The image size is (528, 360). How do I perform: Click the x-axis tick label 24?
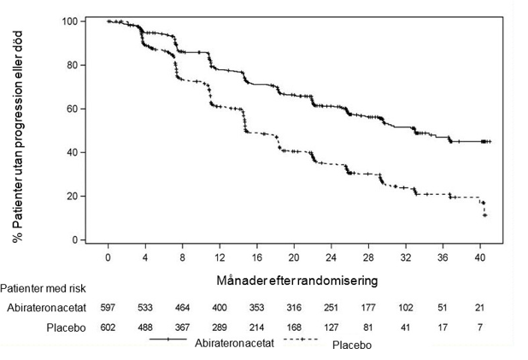pos(331,257)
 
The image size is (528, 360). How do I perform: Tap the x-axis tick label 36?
pos(443,257)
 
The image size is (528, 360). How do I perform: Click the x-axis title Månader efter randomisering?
pos(297,280)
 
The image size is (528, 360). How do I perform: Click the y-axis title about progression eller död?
pos(17,137)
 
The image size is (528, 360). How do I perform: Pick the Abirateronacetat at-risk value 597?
pos(108,308)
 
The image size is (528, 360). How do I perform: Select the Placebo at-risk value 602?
pos(108,328)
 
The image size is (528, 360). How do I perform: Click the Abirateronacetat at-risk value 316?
pos(294,308)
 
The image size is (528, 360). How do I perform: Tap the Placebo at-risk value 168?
pos(294,328)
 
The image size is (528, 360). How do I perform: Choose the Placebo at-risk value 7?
pos(480,328)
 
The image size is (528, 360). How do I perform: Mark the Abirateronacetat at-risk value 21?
pos(480,308)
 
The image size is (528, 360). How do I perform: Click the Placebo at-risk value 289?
pos(220,328)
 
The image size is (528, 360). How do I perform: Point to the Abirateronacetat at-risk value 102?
pos(406,308)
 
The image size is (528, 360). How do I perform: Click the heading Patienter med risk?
pos(43,288)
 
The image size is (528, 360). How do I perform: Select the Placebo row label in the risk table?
pos(66,328)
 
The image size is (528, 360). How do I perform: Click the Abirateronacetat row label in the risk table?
pos(46,308)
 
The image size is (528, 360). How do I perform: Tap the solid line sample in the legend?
pos(168,339)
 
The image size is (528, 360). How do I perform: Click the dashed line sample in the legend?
pos(302,339)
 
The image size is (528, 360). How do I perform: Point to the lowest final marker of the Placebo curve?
pos(485,215)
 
